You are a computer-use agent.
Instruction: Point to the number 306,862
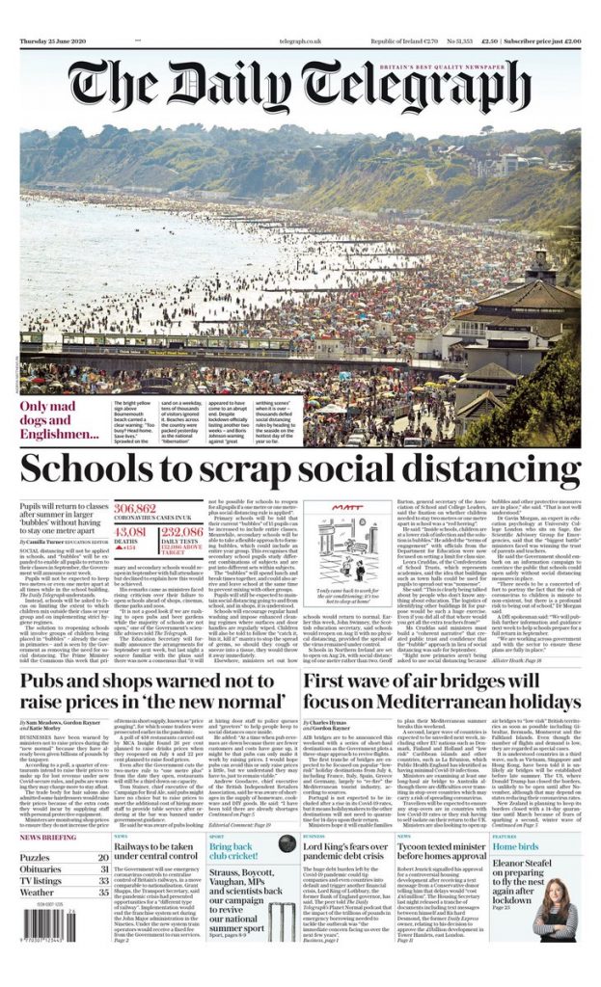click(135, 507)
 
